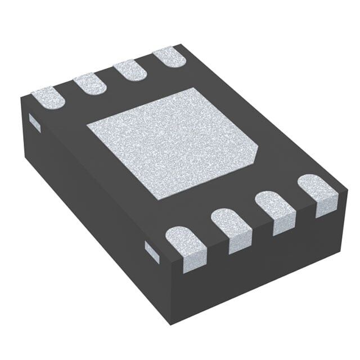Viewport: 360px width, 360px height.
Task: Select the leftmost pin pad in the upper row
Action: tap(48, 97)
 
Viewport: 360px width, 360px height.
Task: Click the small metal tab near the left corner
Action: tap(34, 120)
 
